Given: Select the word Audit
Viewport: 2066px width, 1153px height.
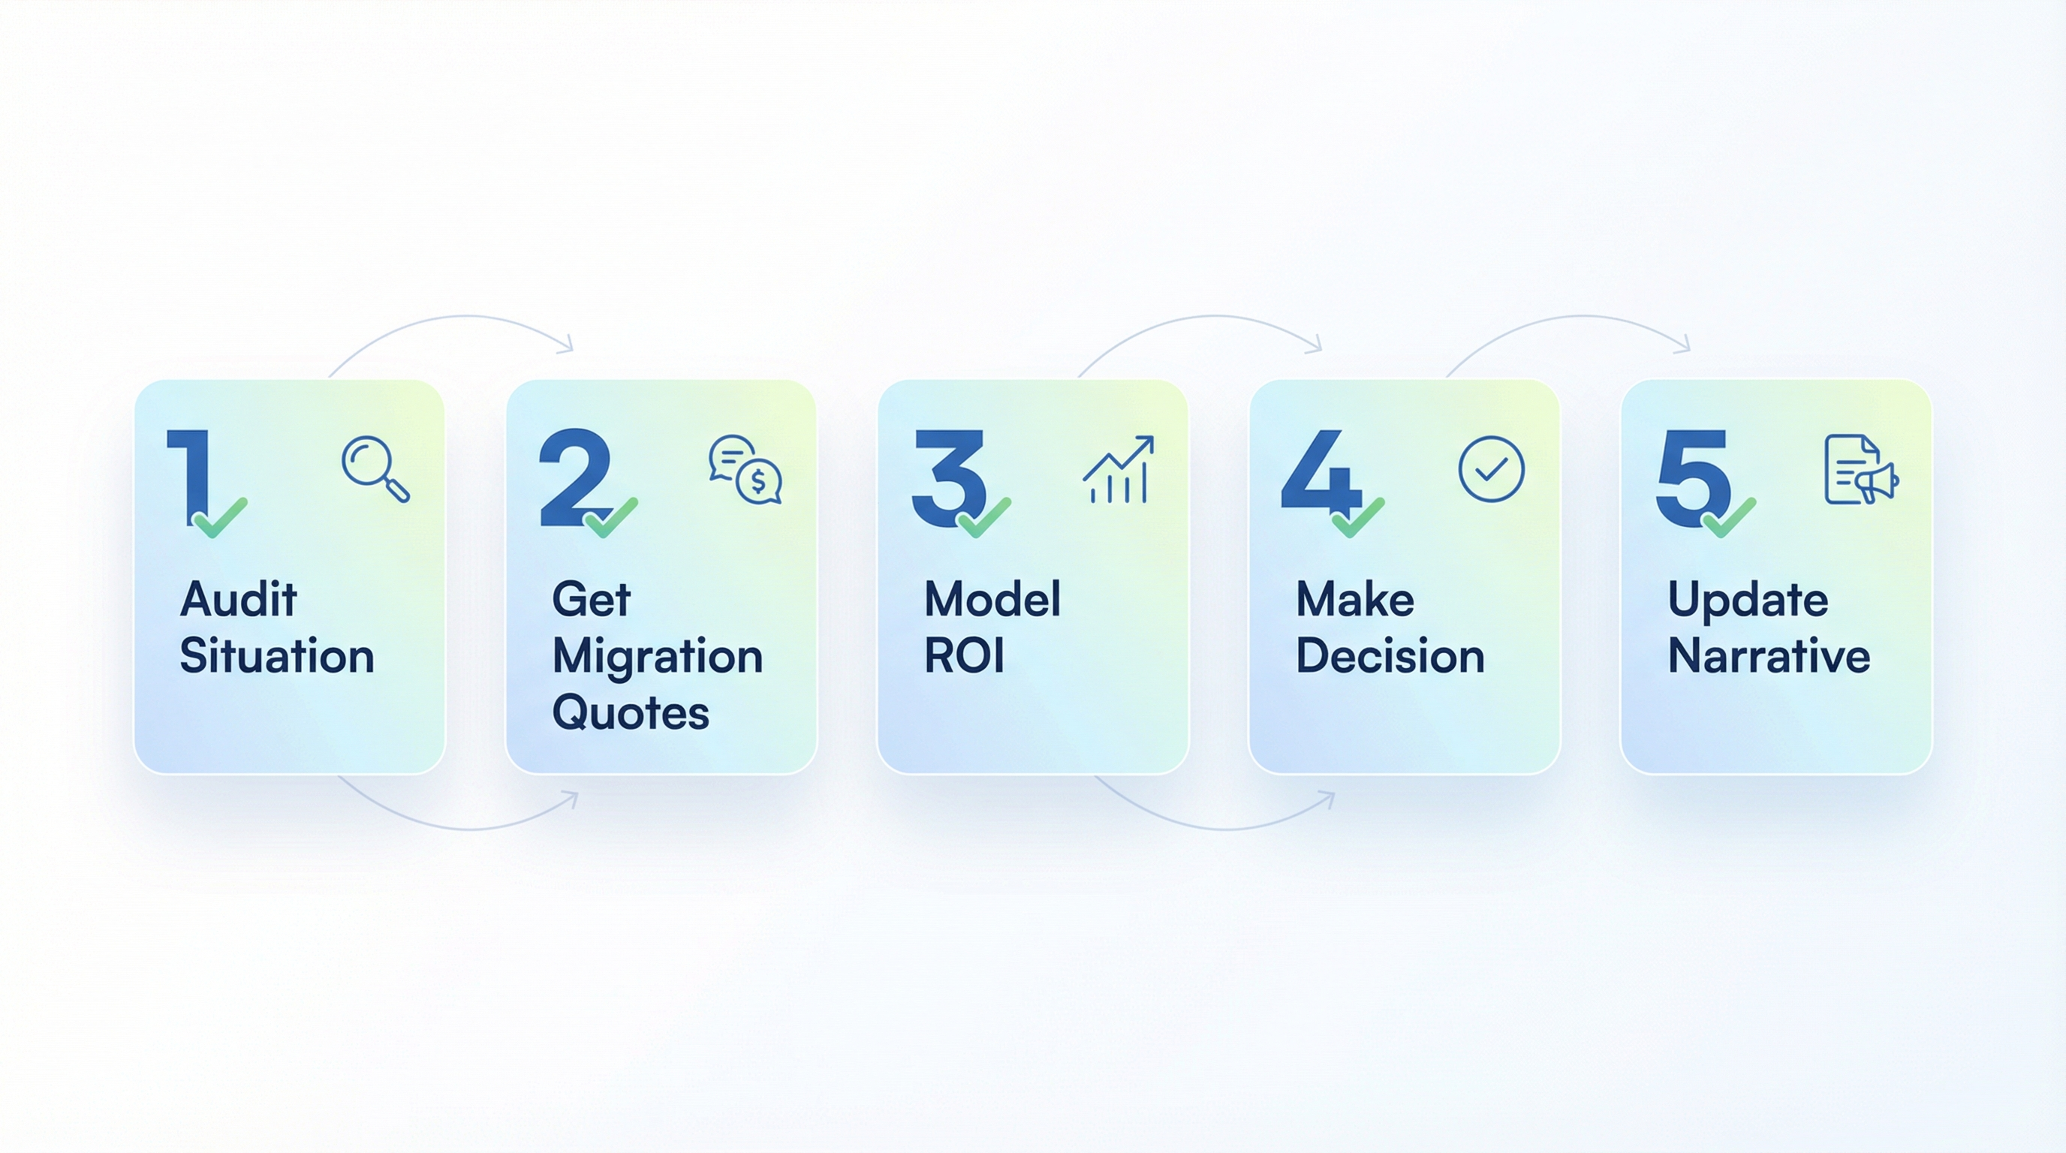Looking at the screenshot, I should coord(238,599).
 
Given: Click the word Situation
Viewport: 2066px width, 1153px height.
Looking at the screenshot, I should coord(277,656).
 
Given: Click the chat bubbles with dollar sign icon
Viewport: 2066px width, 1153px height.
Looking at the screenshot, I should coord(745,470).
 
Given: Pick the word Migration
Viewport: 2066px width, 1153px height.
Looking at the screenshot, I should coord(657,656).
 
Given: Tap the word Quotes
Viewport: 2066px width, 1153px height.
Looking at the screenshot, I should coord(631,712).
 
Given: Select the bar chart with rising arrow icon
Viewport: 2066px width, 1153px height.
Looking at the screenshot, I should coord(1118,470).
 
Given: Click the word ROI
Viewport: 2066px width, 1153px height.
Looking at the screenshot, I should coord(964,656).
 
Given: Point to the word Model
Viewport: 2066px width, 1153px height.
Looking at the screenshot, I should coord(992,599).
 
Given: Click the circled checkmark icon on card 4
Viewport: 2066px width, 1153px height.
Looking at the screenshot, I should coord(1491,469).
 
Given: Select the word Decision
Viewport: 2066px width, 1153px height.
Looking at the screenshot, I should coord(1390,656).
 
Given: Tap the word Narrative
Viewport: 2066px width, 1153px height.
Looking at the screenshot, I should coord(1769,656).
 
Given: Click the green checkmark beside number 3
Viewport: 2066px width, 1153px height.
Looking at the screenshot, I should coord(984,518).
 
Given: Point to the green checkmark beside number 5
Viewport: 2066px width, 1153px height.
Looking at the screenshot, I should coord(1729,518).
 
